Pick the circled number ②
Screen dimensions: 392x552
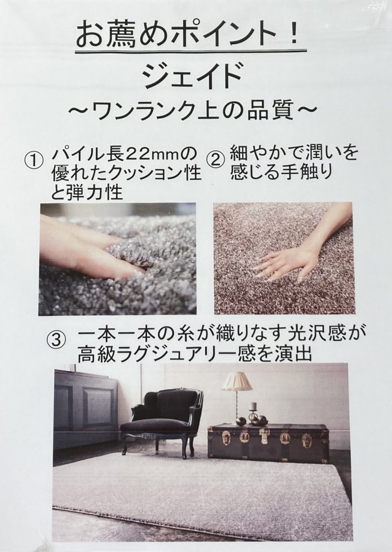pyautogui.click(x=217, y=161)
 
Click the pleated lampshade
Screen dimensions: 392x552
pyautogui.click(x=236, y=382)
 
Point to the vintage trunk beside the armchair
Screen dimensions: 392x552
pyautogui.click(x=268, y=443)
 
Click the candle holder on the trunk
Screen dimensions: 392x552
pyautogui.click(x=253, y=412)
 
